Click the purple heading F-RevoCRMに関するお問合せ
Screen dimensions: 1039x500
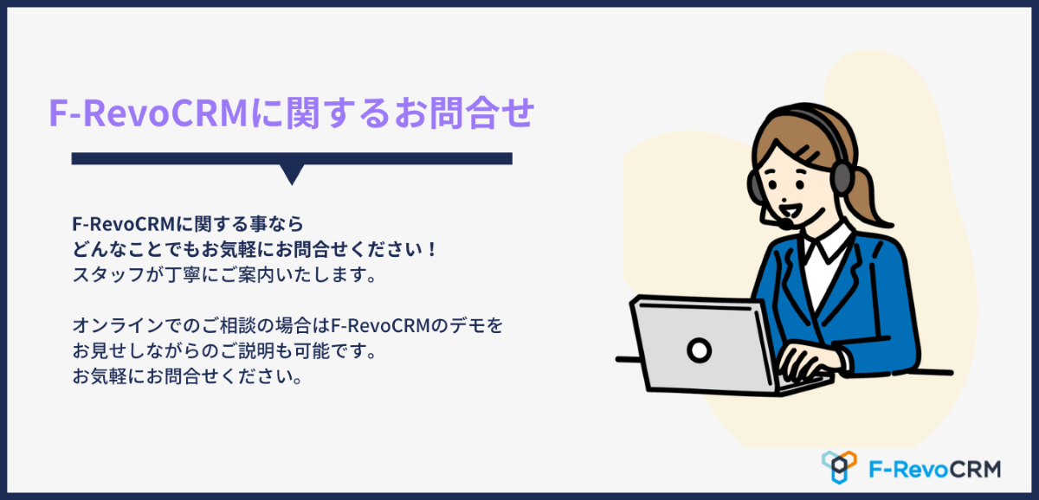click(x=292, y=112)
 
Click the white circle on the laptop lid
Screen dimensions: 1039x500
click(x=699, y=350)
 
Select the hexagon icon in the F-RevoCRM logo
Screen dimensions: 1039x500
click(x=839, y=467)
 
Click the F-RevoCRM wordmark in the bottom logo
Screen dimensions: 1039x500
click(x=934, y=470)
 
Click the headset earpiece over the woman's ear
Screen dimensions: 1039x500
click(x=841, y=177)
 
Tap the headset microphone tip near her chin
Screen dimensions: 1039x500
click(x=786, y=224)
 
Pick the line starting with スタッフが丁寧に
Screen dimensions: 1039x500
click(x=224, y=275)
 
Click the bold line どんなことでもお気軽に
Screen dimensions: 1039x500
click(x=255, y=249)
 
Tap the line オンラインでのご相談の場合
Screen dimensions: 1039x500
click(x=287, y=325)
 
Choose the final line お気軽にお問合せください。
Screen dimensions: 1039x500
click(x=188, y=375)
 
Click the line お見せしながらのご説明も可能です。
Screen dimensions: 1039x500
click(x=224, y=351)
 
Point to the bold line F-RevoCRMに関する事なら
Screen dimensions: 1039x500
click(x=188, y=224)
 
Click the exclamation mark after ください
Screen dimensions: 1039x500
click(x=432, y=249)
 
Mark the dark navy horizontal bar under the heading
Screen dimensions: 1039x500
click(x=292, y=158)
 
